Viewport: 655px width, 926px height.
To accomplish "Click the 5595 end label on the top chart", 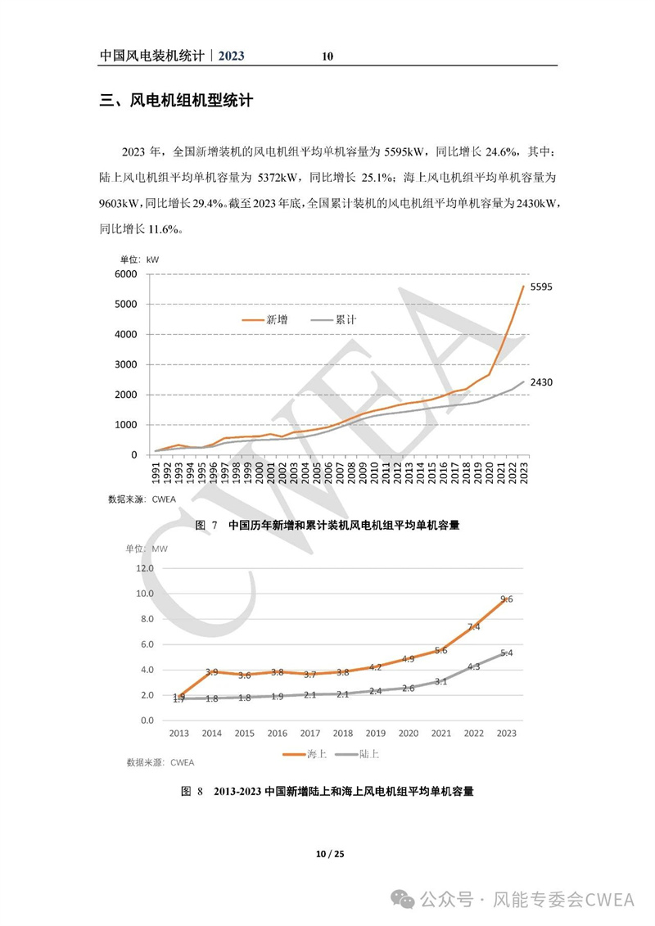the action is [541, 287].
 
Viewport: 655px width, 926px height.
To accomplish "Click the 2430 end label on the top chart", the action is [541, 382].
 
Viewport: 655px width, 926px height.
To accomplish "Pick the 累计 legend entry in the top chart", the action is [334, 319].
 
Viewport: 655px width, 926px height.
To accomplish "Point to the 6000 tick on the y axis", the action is [126, 274].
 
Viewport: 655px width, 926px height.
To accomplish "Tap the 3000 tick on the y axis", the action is [126, 364].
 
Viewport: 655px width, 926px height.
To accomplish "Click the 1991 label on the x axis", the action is [156, 473].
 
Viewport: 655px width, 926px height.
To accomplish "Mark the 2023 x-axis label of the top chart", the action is [523, 473].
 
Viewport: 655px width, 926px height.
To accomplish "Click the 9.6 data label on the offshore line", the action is [507, 599].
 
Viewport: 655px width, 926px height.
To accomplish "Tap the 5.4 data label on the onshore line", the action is [507, 653].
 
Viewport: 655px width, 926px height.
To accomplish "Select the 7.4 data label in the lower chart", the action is [474, 626].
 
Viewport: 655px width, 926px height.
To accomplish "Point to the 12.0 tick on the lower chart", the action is [145, 568].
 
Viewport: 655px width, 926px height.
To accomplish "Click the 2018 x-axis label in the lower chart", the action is [342, 733].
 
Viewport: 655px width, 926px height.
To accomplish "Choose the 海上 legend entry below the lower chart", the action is [305, 754].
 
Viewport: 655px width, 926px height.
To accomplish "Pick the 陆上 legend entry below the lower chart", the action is [357, 754].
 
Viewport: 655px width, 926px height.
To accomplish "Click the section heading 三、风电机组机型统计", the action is [176, 101].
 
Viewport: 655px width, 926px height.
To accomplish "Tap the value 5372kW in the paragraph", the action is [278, 177].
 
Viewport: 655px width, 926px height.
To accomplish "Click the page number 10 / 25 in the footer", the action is [330, 853].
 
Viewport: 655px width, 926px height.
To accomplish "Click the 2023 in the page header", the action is [231, 56].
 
